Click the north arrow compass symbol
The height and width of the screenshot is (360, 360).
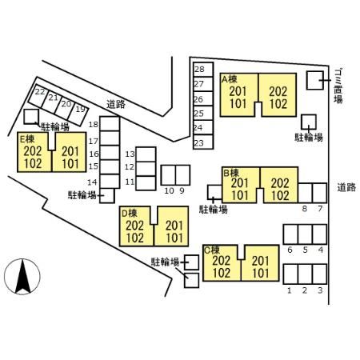point(22,277)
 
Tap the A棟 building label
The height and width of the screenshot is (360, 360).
point(230,79)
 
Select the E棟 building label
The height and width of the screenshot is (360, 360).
point(26,138)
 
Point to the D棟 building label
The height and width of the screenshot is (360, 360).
point(130,214)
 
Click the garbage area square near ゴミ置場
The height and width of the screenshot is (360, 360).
point(315,80)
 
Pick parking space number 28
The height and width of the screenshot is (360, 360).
point(203,70)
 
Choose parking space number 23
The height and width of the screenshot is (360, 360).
point(203,142)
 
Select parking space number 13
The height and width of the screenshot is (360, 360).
point(146,154)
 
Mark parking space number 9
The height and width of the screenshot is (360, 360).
point(182,175)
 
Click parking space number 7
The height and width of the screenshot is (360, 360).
point(319,193)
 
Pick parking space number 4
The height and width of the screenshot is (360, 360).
point(319,234)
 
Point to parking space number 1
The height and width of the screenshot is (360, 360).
point(290,274)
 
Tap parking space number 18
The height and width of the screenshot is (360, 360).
point(110,124)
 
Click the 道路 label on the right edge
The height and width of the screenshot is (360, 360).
point(346,187)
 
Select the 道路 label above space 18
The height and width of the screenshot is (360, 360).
point(116,104)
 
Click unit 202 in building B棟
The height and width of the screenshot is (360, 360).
point(280,183)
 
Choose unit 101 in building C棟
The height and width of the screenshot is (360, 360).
point(261,273)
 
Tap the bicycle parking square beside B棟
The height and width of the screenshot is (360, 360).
point(214,192)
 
